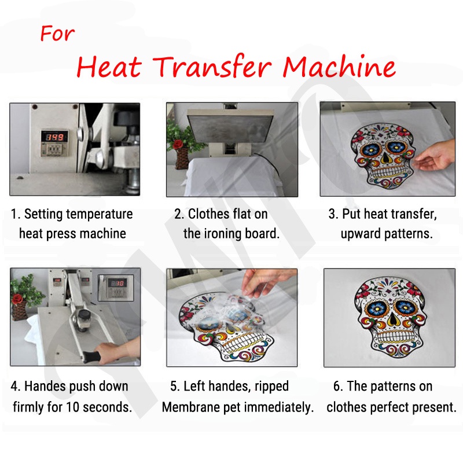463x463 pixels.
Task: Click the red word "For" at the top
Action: point(57,34)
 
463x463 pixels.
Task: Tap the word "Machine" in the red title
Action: point(340,67)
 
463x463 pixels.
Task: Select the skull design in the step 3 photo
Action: point(381,153)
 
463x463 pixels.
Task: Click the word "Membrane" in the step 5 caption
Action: point(190,407)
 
